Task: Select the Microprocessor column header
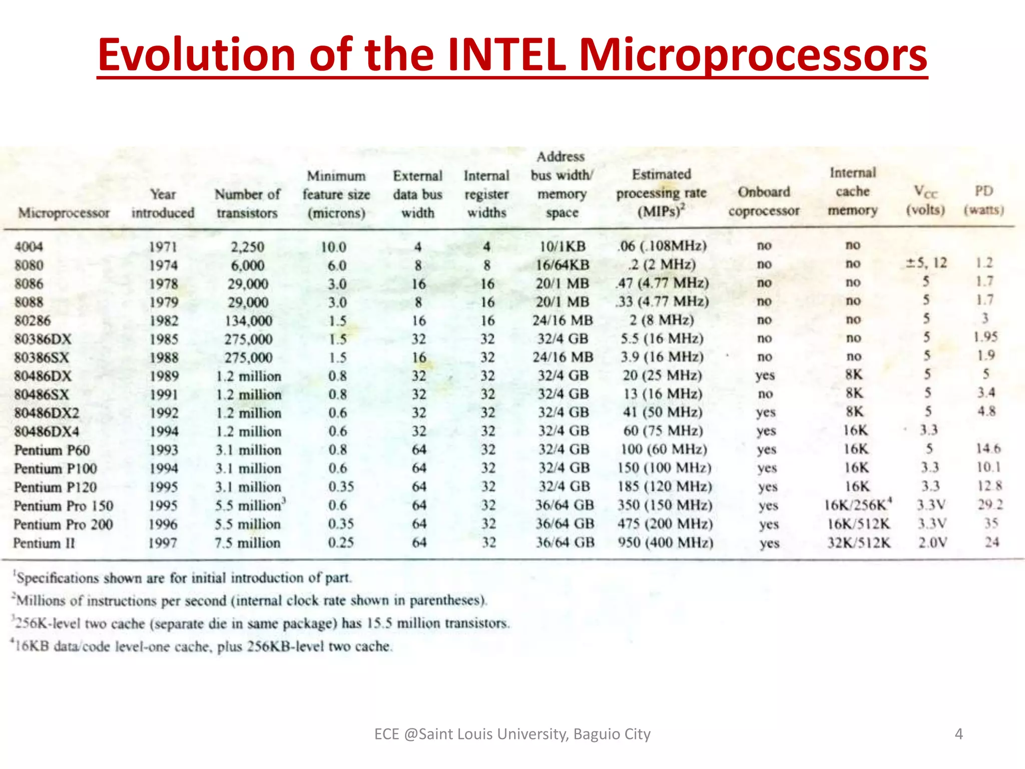pos(64,213)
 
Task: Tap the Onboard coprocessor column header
pos(764,201)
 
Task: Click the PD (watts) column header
pos(984,200)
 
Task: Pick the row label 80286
pos(33,320)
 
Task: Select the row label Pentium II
pos(44,543)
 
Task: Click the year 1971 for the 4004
pos(163,247)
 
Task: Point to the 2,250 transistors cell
pos(247,247)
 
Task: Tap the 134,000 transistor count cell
pos(248,320)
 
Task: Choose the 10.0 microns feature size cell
pos(333,247)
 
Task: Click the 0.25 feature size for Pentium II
pos(341,543)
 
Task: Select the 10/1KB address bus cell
pos(562,246)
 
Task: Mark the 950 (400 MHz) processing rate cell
pos(665,543)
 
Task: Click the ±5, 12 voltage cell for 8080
pos(926,263)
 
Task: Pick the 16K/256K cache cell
pos(858,505)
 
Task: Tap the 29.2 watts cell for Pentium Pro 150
pos(990,505)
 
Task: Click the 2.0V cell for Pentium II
pos(932,543)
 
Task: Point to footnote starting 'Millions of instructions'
pos(250,600)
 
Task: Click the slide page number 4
pos(958,734)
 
